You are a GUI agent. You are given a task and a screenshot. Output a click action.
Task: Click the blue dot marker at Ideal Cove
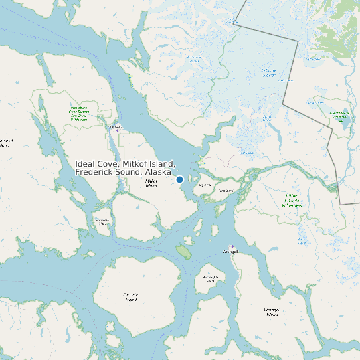click(x=179, y=179)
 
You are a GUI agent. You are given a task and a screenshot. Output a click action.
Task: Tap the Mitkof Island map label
click(x=151, y=183)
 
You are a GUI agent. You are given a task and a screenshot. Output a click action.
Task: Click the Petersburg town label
click(x=116, y=126)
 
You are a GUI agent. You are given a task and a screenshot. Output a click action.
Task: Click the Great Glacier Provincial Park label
click(x=339, y=117)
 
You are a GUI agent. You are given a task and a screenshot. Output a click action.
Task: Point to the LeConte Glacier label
click(x=268, y=72)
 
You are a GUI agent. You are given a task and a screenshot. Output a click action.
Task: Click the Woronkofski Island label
click(x=211, y=278)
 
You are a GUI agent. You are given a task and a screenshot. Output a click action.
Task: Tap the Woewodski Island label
click(x=102, y=221)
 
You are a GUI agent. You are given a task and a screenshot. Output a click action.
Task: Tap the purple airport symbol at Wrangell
click(x=232, y=247)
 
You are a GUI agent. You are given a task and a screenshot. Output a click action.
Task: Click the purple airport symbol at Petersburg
click(x=118, y=131)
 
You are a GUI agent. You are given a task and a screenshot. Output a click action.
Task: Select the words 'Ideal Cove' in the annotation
click(x=96, y=163)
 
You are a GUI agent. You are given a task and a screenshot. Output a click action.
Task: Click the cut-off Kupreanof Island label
click(x=5, y=143)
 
